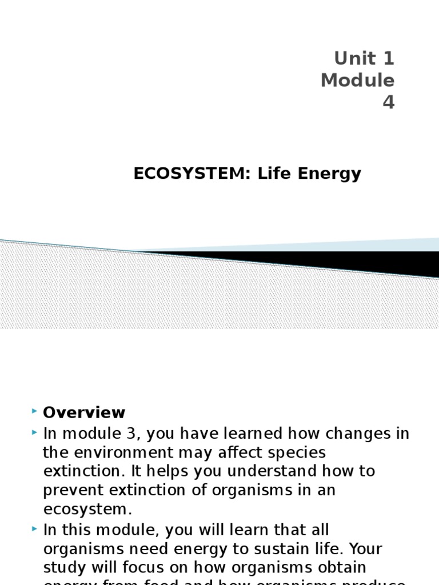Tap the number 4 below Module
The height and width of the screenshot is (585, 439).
point(389,102)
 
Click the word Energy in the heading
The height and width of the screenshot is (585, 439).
point(334,174)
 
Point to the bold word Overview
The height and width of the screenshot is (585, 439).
point(84,412)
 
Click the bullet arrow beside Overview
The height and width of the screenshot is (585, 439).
point(35,411)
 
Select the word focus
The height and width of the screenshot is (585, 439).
point(136,568)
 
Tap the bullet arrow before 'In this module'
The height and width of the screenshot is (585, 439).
point(35,529)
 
